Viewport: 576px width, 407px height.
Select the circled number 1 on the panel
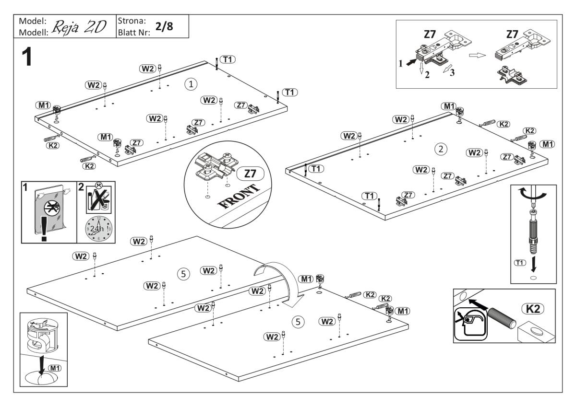[191, 84]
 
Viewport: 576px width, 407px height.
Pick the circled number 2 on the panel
[439, 149]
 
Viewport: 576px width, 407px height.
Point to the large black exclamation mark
[44, 233]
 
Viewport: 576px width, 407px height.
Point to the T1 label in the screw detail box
[520, 262]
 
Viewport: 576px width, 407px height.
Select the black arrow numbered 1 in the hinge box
[411, 62]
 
